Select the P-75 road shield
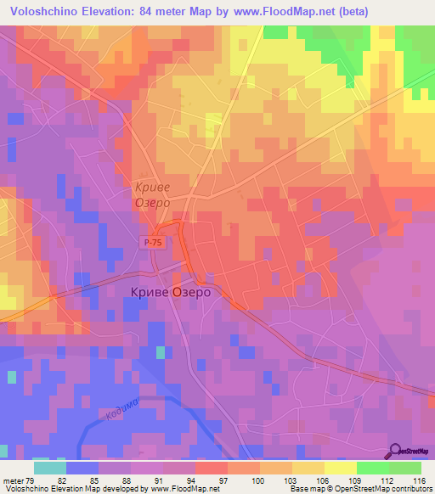(x=152, y=243)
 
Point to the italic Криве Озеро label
(x=153, y=195)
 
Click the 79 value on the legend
(x=31, y=480)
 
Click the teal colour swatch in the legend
(x=50, y=468)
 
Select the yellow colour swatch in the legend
(x=341, y=468)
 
